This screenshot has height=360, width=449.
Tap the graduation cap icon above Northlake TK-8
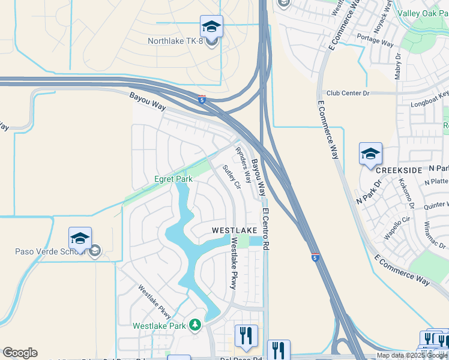click(x=211, y=26)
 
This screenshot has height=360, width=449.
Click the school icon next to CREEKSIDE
click(x=370, y=154)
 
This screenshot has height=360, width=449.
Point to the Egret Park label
click(x=173, y=179)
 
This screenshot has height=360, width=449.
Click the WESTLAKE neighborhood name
click(x=234, y=230)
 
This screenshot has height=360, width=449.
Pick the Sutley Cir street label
click(x=231, y=177)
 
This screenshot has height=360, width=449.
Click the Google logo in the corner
click(x=20, y=353)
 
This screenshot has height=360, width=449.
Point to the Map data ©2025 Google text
click(x=412, y=355)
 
